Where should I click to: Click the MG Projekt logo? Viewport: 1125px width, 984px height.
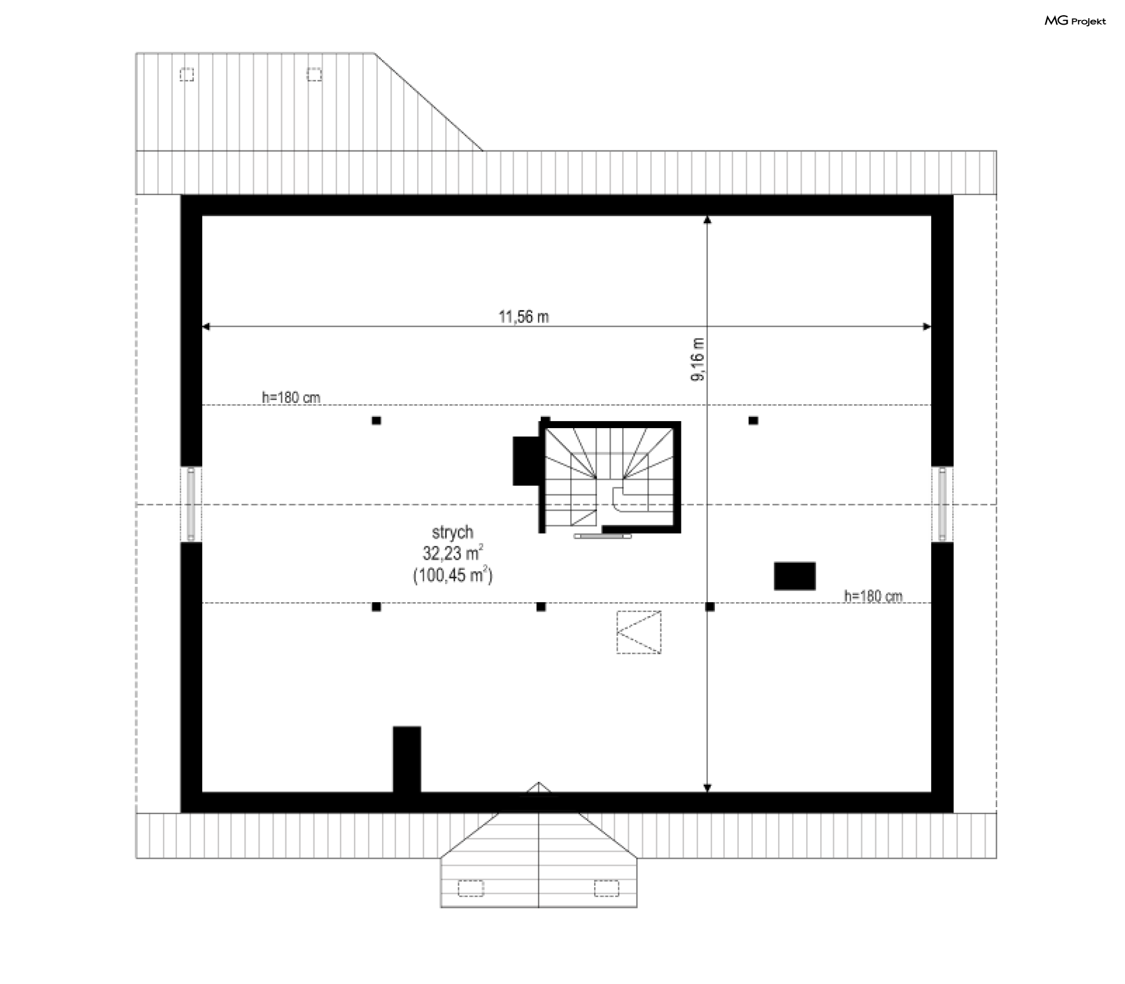[x=1075, y=21]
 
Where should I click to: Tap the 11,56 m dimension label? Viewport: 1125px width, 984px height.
[x=524, y=317]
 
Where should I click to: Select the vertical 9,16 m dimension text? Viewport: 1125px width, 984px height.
[x=698, y=360]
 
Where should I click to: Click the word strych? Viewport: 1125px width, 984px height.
[x=452, y=533]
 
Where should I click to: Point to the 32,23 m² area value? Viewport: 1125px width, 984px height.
[x=453, y=553]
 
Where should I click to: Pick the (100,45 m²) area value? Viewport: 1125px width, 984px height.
[x=453, y=575]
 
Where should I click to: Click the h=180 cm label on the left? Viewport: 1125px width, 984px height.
[x=291, y=398]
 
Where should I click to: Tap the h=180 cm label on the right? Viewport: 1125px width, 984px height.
[x=873, y=596]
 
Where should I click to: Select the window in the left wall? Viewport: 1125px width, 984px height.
[x=191, y=504]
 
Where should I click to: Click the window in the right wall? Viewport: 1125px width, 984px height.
[x=942, y=504]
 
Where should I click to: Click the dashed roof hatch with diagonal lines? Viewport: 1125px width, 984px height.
[x=639, y=632]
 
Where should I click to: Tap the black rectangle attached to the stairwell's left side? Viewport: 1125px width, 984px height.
[x=526, y=461]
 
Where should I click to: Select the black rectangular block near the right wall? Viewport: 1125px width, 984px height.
[x=795, y=576]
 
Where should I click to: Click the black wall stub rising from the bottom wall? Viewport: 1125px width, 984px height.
[x=407, y=760]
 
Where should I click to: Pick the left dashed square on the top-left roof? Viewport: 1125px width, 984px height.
[x=187, y=75]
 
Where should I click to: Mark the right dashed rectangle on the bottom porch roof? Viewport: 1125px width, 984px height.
[x=606, y=889]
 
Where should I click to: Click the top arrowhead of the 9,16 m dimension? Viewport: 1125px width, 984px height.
[x=707, y=220]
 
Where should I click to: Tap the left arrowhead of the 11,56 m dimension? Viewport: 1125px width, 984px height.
[x=206, y=326]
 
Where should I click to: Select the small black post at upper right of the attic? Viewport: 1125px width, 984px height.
[x=754, y=421]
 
